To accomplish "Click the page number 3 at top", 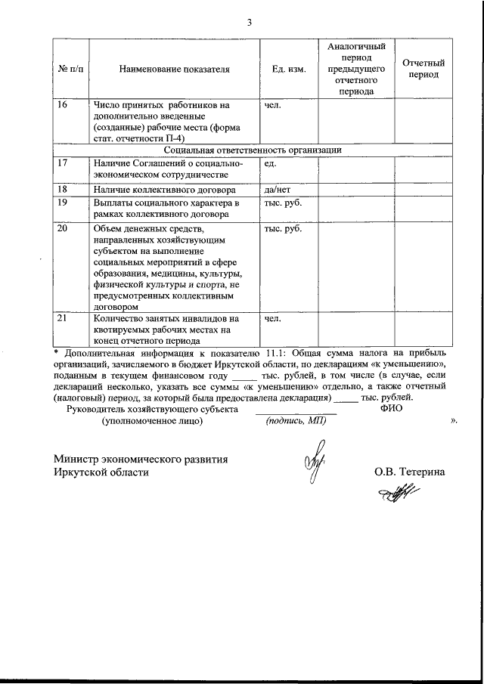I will coord(249,22).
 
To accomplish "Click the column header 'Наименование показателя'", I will coord(174,70).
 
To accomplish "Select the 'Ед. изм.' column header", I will coord(288,70).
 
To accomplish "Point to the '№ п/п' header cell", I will coord(70,70).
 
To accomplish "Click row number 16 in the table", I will coord(64,106).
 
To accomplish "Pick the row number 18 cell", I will coord(64,189).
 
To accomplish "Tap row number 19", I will coord(64,203).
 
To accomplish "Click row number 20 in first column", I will coord(64,228).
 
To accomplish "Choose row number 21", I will coord(64,318).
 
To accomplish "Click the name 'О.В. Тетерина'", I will coord(409,472).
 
